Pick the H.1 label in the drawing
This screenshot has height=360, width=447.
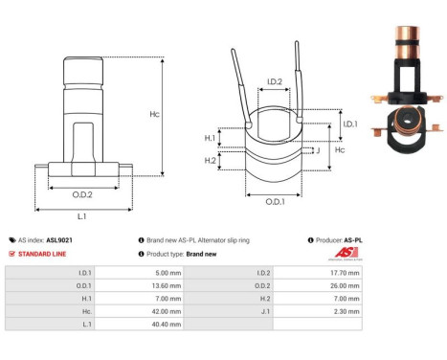coord(210,139)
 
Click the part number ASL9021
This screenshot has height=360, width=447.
coord(59,240)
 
